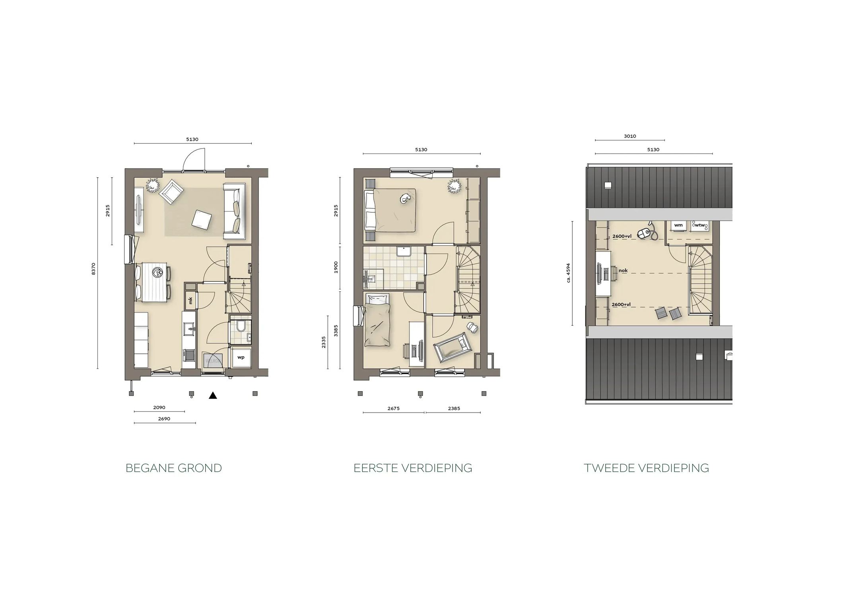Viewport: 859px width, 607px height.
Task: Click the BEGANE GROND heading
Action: (173, 468)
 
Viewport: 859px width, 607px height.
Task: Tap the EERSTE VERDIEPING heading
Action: (413, 468)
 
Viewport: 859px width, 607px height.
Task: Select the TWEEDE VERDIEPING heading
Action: (646, 468)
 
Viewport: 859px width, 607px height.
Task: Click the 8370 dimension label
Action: (93, 269)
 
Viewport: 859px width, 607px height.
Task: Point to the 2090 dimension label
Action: (159, 407)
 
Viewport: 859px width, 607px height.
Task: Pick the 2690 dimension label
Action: (164, 419)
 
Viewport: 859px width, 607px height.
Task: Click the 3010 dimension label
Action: (630, 136)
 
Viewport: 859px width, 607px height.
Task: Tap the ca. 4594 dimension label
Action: (568, 273)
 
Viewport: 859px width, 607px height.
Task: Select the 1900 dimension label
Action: (336, 267)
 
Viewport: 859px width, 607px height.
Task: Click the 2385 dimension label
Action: (454, 408)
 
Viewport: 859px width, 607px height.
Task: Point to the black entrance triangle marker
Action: (213, 395)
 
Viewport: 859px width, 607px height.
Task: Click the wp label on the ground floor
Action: (241, 357)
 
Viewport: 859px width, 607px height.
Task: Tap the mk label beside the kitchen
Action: (190, 301)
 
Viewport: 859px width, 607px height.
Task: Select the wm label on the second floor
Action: (678, 225)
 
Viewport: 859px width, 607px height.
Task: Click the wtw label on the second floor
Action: (700, 225)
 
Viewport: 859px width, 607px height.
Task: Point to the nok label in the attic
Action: (623, 271)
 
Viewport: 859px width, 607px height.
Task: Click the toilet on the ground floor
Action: (240, 327)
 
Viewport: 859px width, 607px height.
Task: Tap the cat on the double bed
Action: (405, 198)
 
